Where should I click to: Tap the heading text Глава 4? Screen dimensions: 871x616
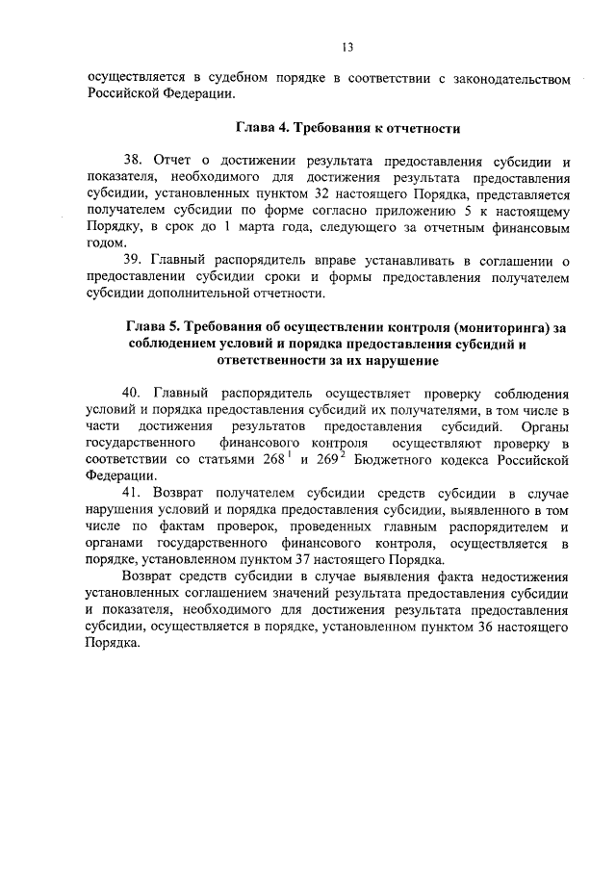pos(264,127)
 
